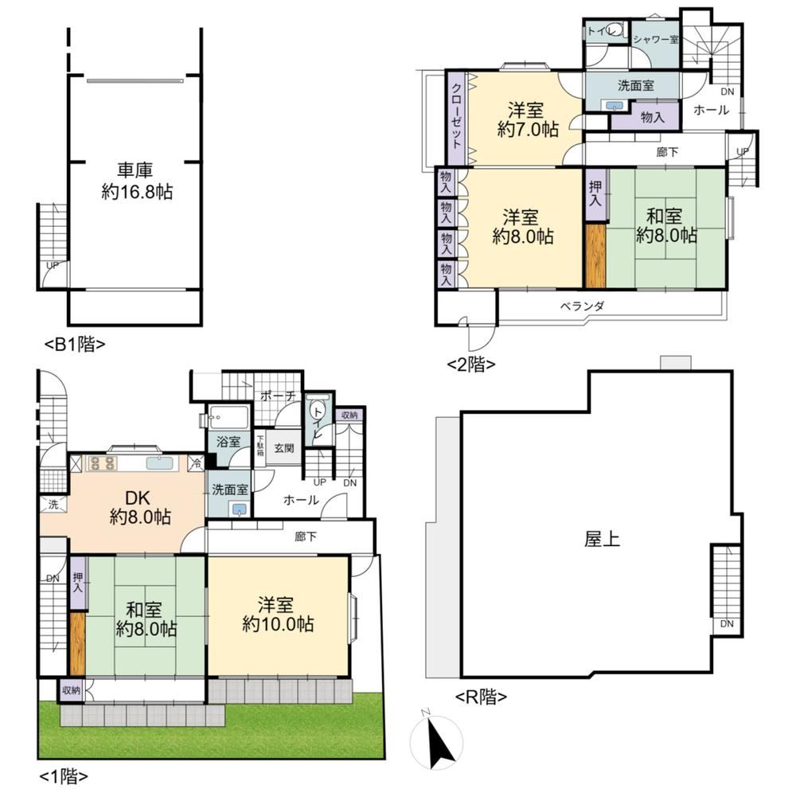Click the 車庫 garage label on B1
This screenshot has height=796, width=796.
pyautogui.click(x=135, y=170)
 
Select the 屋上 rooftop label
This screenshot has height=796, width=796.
pyautogui.click(x=602, y=539)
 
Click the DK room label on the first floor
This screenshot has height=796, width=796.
pyautogui.click(x=138, y=497)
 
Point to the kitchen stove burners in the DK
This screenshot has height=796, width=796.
pyautogui.click(x=103, y=463)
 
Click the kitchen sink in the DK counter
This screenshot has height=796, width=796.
pyautogui.click(x=160, y=463)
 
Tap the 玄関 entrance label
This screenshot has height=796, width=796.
pyautogui.click(x=284, y=447)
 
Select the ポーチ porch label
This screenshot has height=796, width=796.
pyautogui.click(x=278, y=396)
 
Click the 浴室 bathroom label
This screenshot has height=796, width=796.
pyautogui.click(x=228, y=442)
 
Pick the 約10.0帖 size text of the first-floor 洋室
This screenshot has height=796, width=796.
pyautogui.click(x=278, y=624)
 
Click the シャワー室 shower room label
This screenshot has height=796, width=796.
pyautogui.click(x=655, y=39)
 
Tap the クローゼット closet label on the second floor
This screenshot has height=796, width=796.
pyautogui.click(x=456, y=115)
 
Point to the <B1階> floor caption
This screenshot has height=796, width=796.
pyautogui.click(x=75, y=345)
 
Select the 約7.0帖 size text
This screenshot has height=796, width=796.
pyautogui.click(x=528, y=130)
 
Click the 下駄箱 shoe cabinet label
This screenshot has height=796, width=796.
pyautogui.click(x=260, y=445)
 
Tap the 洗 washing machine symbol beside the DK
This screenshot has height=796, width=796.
pyautogui.click(x=53, y=505)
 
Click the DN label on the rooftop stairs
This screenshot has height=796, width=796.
pyautogui.click(x=727, y=624)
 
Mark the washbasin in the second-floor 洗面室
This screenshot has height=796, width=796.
pyautogui.click(x=615, y=106)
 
